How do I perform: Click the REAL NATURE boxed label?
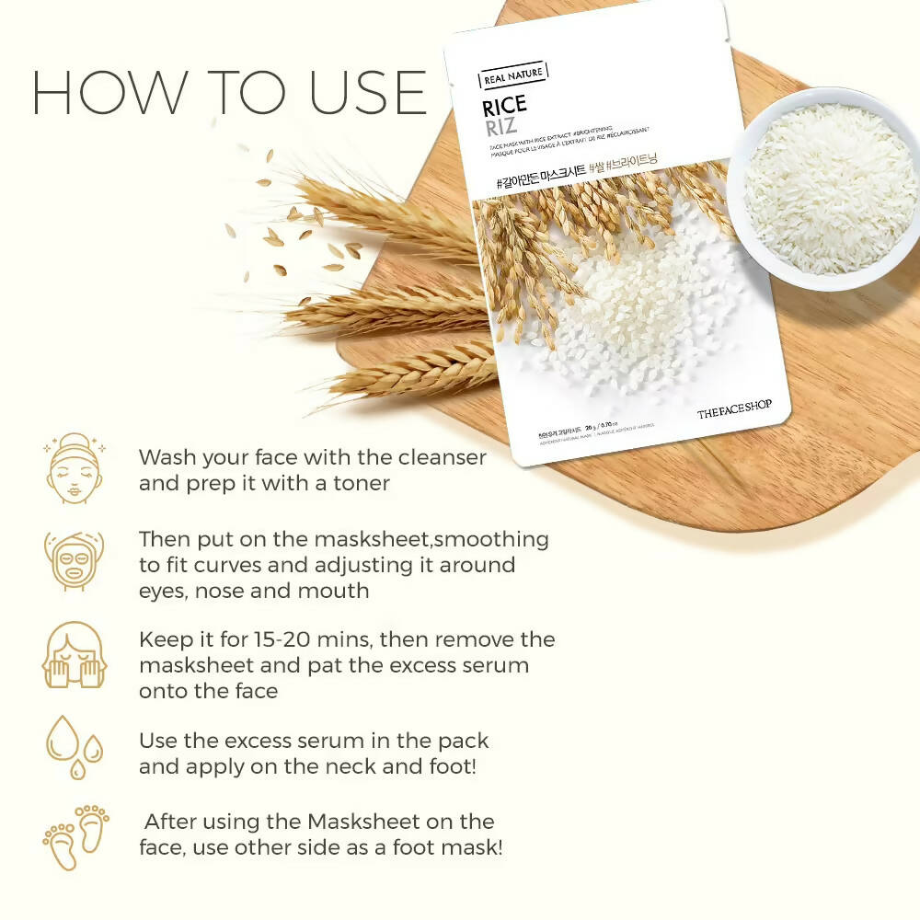(513, 78)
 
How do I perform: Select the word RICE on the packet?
(504, 106)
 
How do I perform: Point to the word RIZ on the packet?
(500, 126)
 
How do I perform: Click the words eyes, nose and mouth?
(254, 591)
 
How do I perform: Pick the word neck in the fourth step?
(319, 765)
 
